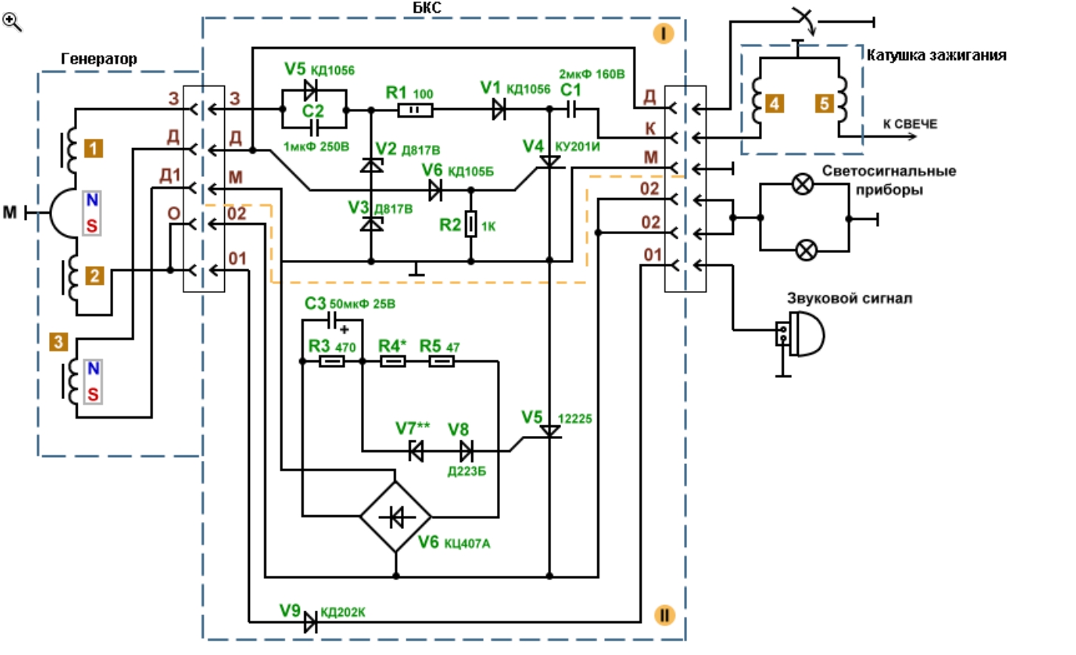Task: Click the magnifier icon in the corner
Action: click(11, 22)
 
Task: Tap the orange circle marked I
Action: click(664, 34)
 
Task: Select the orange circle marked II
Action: click(664, 615)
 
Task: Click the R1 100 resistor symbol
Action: click(415, 110)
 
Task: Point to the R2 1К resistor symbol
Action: click(470, 224)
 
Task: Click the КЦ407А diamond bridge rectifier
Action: click(396, 517)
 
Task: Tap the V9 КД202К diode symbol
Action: click(310, 623)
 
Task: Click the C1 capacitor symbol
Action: click(571, 110)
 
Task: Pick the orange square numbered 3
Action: click(59, 341)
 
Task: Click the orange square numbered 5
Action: click(825, 104)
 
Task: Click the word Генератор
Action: click(98, 59)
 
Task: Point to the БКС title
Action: click(427, 8)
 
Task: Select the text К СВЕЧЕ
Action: click(911, 124)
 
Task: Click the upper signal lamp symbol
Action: click(802, 184)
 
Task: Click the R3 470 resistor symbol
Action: click(332, 361)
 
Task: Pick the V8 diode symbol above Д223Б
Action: click(466, 451)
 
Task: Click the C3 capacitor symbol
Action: click(332, 320)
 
